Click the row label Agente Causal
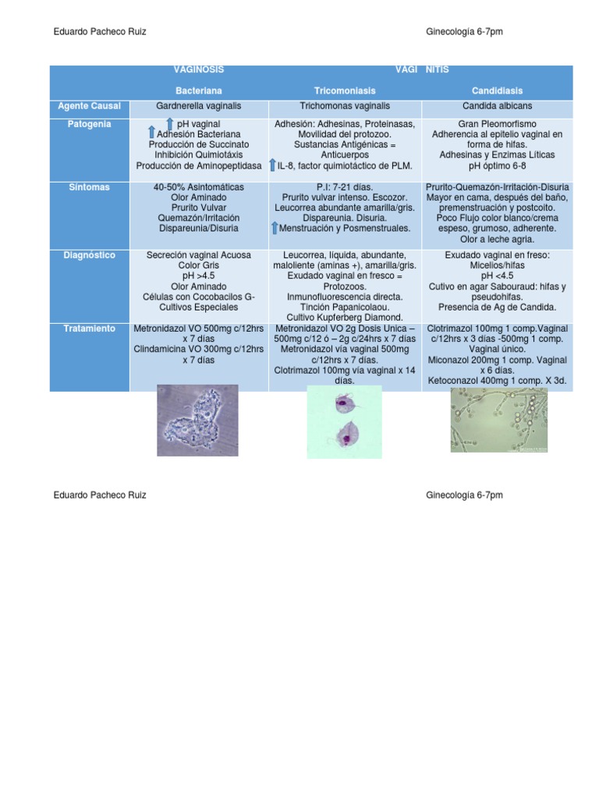(90, 105)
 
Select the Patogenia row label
(90, 124)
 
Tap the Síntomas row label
(90, 187)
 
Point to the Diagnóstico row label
(90, 255)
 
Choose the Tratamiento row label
(90, 328)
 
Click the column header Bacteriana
(198, 91)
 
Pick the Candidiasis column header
(497, 91)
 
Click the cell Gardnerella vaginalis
(198, 105)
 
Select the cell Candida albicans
(497, 105)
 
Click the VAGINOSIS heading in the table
(198, 70)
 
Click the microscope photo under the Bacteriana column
(197, 420)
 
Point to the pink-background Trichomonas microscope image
(344, 421)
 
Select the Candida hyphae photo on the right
(498, 419)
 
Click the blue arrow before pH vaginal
(169, 124)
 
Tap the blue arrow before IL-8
(271, 165)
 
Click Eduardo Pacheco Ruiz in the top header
(99, 32)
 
